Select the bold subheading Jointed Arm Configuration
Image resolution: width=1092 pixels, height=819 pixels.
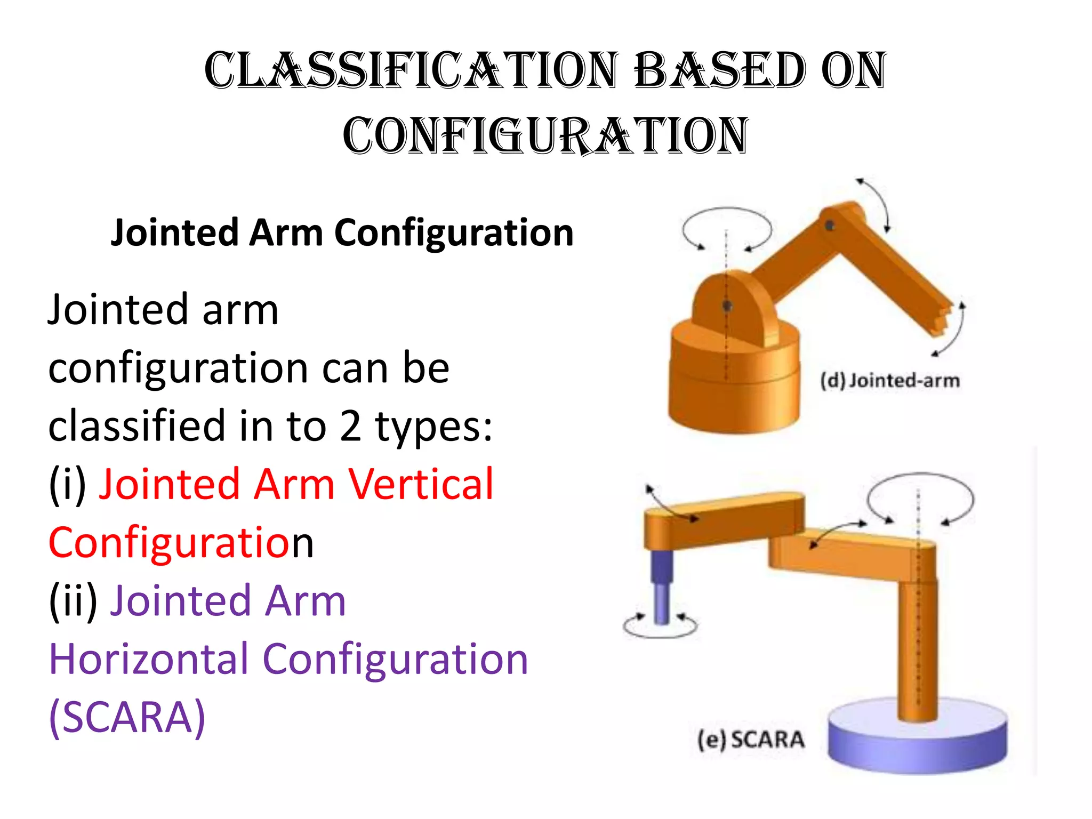[x=342, y=233]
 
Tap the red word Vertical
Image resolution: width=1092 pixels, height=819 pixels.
[x=421, y=484]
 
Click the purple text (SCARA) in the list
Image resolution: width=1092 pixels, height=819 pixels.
[x=127, y=718]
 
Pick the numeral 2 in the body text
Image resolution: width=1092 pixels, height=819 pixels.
[x=350, y=426]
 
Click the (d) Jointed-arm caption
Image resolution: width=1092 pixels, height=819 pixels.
[x=889, y=381]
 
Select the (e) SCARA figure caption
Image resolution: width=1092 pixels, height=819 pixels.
[x=751, y=740]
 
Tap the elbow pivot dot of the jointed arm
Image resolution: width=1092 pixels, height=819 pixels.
[x=830, y=226]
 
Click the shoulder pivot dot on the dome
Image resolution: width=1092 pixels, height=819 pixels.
[x=727, y=306]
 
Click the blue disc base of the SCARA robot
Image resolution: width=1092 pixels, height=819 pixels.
[x=917, y=741]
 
